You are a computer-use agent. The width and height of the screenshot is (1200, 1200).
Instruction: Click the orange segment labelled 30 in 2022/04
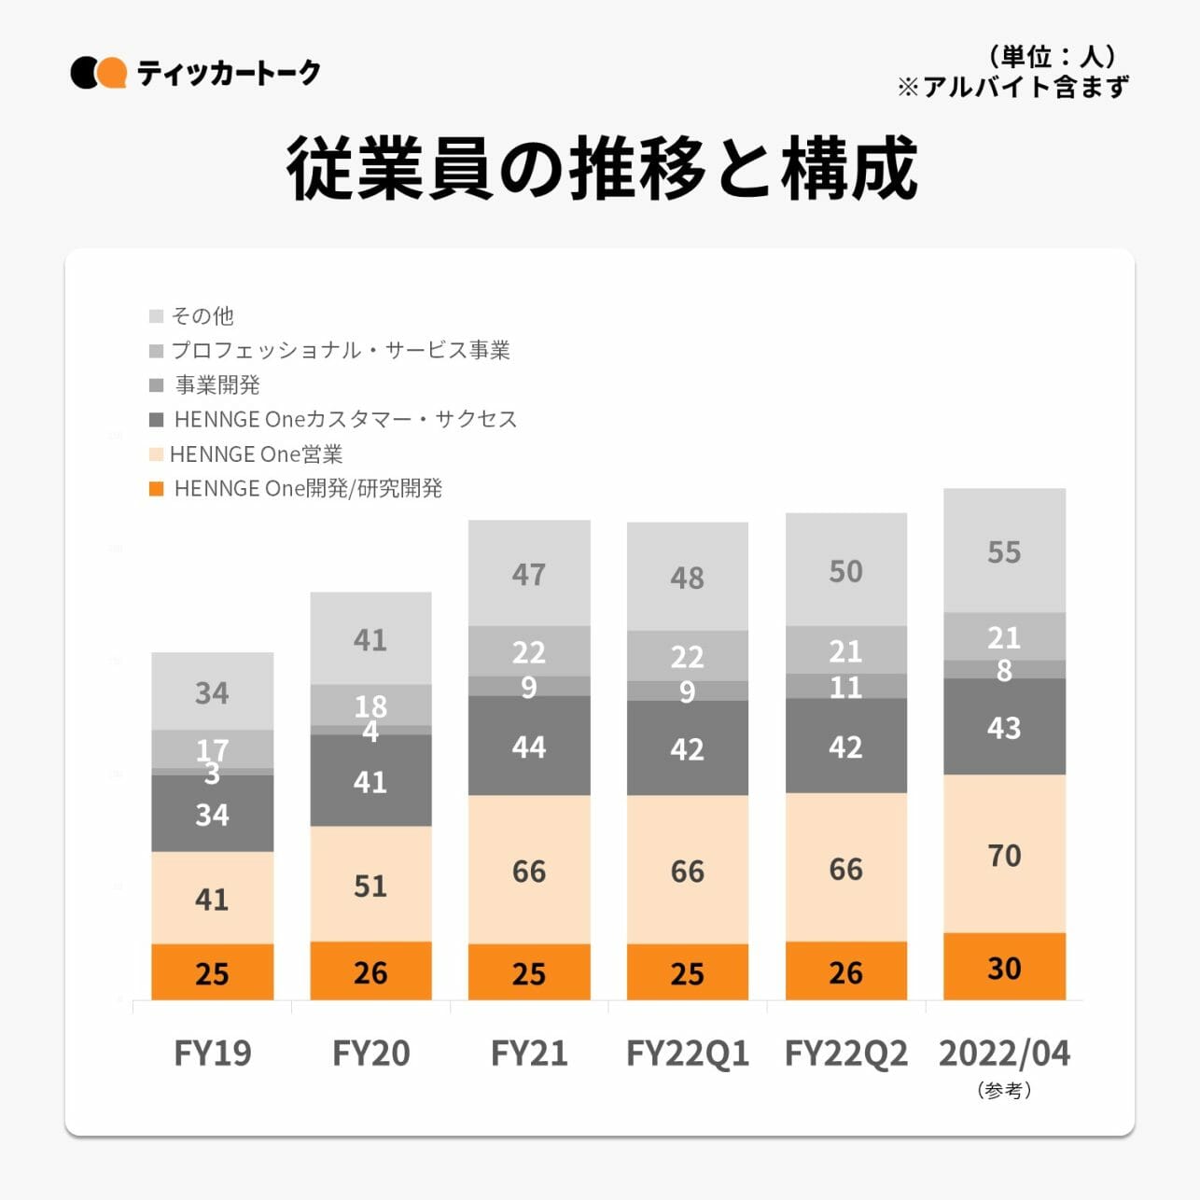coord(1004,967)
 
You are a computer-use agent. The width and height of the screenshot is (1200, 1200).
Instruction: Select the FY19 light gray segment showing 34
coord(212,691)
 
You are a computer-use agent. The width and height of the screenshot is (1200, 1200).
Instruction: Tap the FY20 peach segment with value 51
coord(370,884)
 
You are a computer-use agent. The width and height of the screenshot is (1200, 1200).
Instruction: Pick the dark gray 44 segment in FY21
coord(529,746)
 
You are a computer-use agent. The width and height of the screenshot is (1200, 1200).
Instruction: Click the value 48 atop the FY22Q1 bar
coord(687,578)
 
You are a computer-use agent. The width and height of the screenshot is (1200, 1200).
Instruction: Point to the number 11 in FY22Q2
coord(845,687)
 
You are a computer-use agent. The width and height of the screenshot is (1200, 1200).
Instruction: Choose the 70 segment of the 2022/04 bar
coord(1004,854)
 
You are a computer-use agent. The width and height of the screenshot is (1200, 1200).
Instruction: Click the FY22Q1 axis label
coord(687,1053)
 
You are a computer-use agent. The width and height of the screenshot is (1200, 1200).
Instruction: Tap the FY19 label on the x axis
coord(212,1053)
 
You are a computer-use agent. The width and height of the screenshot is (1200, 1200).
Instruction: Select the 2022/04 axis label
coord(1004,1053)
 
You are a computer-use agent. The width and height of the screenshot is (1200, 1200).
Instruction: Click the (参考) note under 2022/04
coord(1004,1090)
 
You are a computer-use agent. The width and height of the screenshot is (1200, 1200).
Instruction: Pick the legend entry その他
coord(202,316)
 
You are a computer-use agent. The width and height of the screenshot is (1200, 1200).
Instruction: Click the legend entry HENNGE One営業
coord(256,454)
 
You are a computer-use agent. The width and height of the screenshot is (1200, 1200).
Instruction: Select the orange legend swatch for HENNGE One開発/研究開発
coord(157,489)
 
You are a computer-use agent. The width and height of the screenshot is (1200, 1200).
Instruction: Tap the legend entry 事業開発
coord(217,384)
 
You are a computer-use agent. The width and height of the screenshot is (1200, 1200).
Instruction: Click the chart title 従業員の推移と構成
coord(602,169)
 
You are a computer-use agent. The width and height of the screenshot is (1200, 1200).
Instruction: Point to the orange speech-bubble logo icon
coord(112,73)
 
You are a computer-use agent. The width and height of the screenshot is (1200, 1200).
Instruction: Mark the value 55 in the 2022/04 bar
coord(1004,551)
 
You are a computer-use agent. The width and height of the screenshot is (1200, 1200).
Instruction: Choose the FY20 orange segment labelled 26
coord(370,971)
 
